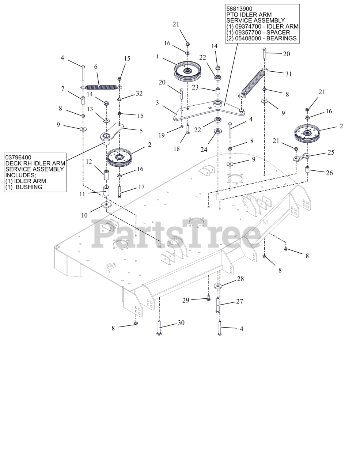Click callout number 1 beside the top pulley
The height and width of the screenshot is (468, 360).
tap(158, 57)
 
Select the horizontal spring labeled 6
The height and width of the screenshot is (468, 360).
tap(101, 87)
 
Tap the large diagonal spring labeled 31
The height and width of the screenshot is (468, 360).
tap(253, 83)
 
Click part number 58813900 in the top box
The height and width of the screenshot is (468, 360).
tap(239, 8)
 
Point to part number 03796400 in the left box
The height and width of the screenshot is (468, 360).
tap(18, 158)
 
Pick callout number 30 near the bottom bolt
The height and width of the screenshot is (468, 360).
tap(181, 323)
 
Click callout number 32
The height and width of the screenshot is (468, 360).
tap(139, 93)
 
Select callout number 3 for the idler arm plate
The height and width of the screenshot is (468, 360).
tap(157, 103)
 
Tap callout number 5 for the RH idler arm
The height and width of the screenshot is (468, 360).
tap(141, 131)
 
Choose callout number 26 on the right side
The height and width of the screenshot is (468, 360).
tap(329, 173)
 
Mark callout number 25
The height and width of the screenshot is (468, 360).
tap(330, 152)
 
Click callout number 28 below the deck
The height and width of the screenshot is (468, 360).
tap(240, 279)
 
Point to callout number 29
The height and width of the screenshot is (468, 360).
tap(186, 300)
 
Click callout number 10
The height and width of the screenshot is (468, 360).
tap(84, 215)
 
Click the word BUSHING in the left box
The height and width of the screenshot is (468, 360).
tap(29, 187)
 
